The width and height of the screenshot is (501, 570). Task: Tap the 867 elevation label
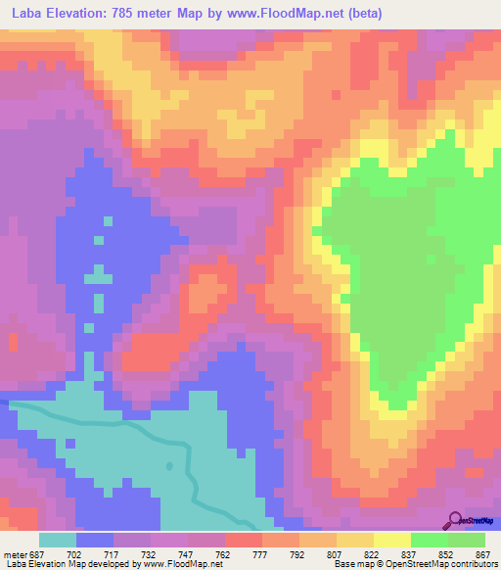(482, 553)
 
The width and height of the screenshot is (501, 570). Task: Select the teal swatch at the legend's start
(58, 540)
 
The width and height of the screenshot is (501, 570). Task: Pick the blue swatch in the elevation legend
(95, 540)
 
